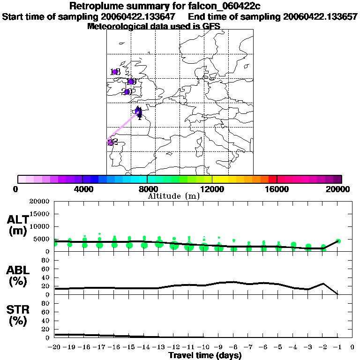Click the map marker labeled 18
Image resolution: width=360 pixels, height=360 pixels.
(x=115, y=72)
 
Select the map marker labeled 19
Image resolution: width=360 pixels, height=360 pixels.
(x=131, y=82)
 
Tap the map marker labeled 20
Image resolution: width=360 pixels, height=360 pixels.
(x=127, y=91)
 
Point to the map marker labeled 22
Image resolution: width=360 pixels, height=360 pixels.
(x=111, y=142)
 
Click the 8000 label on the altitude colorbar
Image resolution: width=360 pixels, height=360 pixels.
(x=147, y=189)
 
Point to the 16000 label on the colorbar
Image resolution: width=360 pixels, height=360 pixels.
(x=277, y=189)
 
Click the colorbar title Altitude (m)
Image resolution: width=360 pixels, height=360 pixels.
(x=174, y=196)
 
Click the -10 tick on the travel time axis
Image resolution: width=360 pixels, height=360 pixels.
(x=203, y=347)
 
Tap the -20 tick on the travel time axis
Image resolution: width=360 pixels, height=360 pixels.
(x=55, y=347)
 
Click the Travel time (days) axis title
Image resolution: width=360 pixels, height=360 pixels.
(x=205, y=356)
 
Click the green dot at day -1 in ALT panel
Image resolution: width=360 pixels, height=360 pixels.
(x=338, y=241)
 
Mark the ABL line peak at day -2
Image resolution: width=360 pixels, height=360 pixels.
(x=323, y=283)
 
